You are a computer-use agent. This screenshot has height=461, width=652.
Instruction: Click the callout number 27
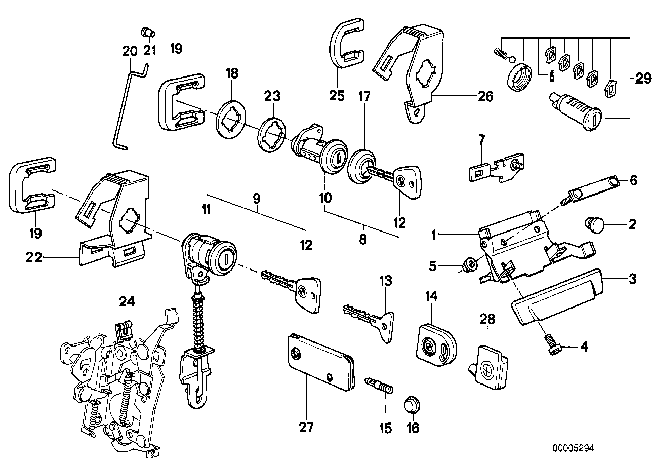coord(306,428)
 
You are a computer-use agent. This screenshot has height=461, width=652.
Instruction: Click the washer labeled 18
coord(231,119)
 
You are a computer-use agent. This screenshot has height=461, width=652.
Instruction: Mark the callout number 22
coord(33,258)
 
